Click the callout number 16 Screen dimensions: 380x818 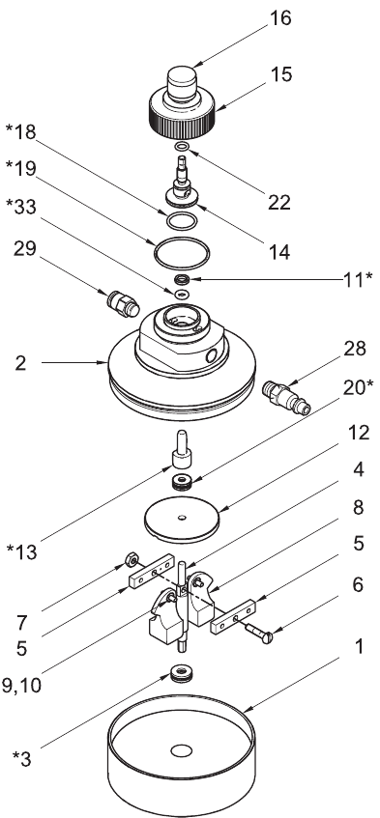[280, 17]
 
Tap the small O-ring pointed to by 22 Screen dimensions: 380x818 [182, 147]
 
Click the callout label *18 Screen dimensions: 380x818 [21, 132]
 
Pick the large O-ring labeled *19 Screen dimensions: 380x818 [182, 254]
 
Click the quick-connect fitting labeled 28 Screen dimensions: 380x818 [285, 400]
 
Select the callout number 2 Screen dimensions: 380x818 [21, 362]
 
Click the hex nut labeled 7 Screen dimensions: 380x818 [132, 561]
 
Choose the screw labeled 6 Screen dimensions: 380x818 [258, 632]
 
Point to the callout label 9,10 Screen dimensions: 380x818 [21, 685]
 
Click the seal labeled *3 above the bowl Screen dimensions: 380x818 [182, 673]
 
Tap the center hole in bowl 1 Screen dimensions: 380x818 [182, 750]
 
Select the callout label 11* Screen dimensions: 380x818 [357, 279]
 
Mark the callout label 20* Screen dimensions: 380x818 [358, 387]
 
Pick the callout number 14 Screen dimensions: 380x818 [278, 251]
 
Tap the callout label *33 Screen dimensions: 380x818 [21, 207]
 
